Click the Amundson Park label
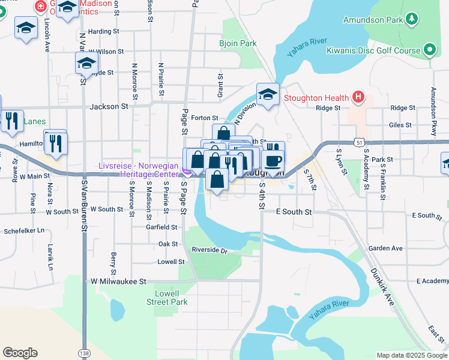point(372,20)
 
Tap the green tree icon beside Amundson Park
point(412,20)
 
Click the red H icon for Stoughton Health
point(358,97)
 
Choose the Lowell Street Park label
point(167,298)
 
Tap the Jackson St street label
point(109,106)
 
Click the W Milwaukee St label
point(118,281)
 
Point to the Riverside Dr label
point(210,250)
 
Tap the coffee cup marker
point(273,161)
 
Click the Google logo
point(20,353)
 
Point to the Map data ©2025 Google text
point(411,355)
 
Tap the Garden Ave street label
point(385,248)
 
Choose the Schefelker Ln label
point(24,230)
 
